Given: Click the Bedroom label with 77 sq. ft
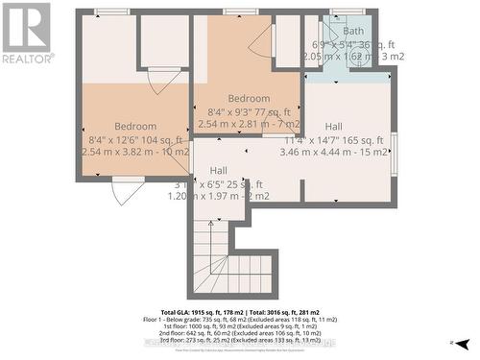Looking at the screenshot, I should pos(249,98).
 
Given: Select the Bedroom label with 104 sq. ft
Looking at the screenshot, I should pos(135,126).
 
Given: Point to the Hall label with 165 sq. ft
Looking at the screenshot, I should pos(333,126).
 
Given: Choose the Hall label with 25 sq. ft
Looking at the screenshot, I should pos(219,170).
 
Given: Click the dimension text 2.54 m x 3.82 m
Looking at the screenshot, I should pos(135,152).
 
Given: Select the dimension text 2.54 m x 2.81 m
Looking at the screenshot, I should pos(249,124).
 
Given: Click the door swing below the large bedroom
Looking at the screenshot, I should pos(128,191).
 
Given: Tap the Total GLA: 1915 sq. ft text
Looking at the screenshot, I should pos(203,314).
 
